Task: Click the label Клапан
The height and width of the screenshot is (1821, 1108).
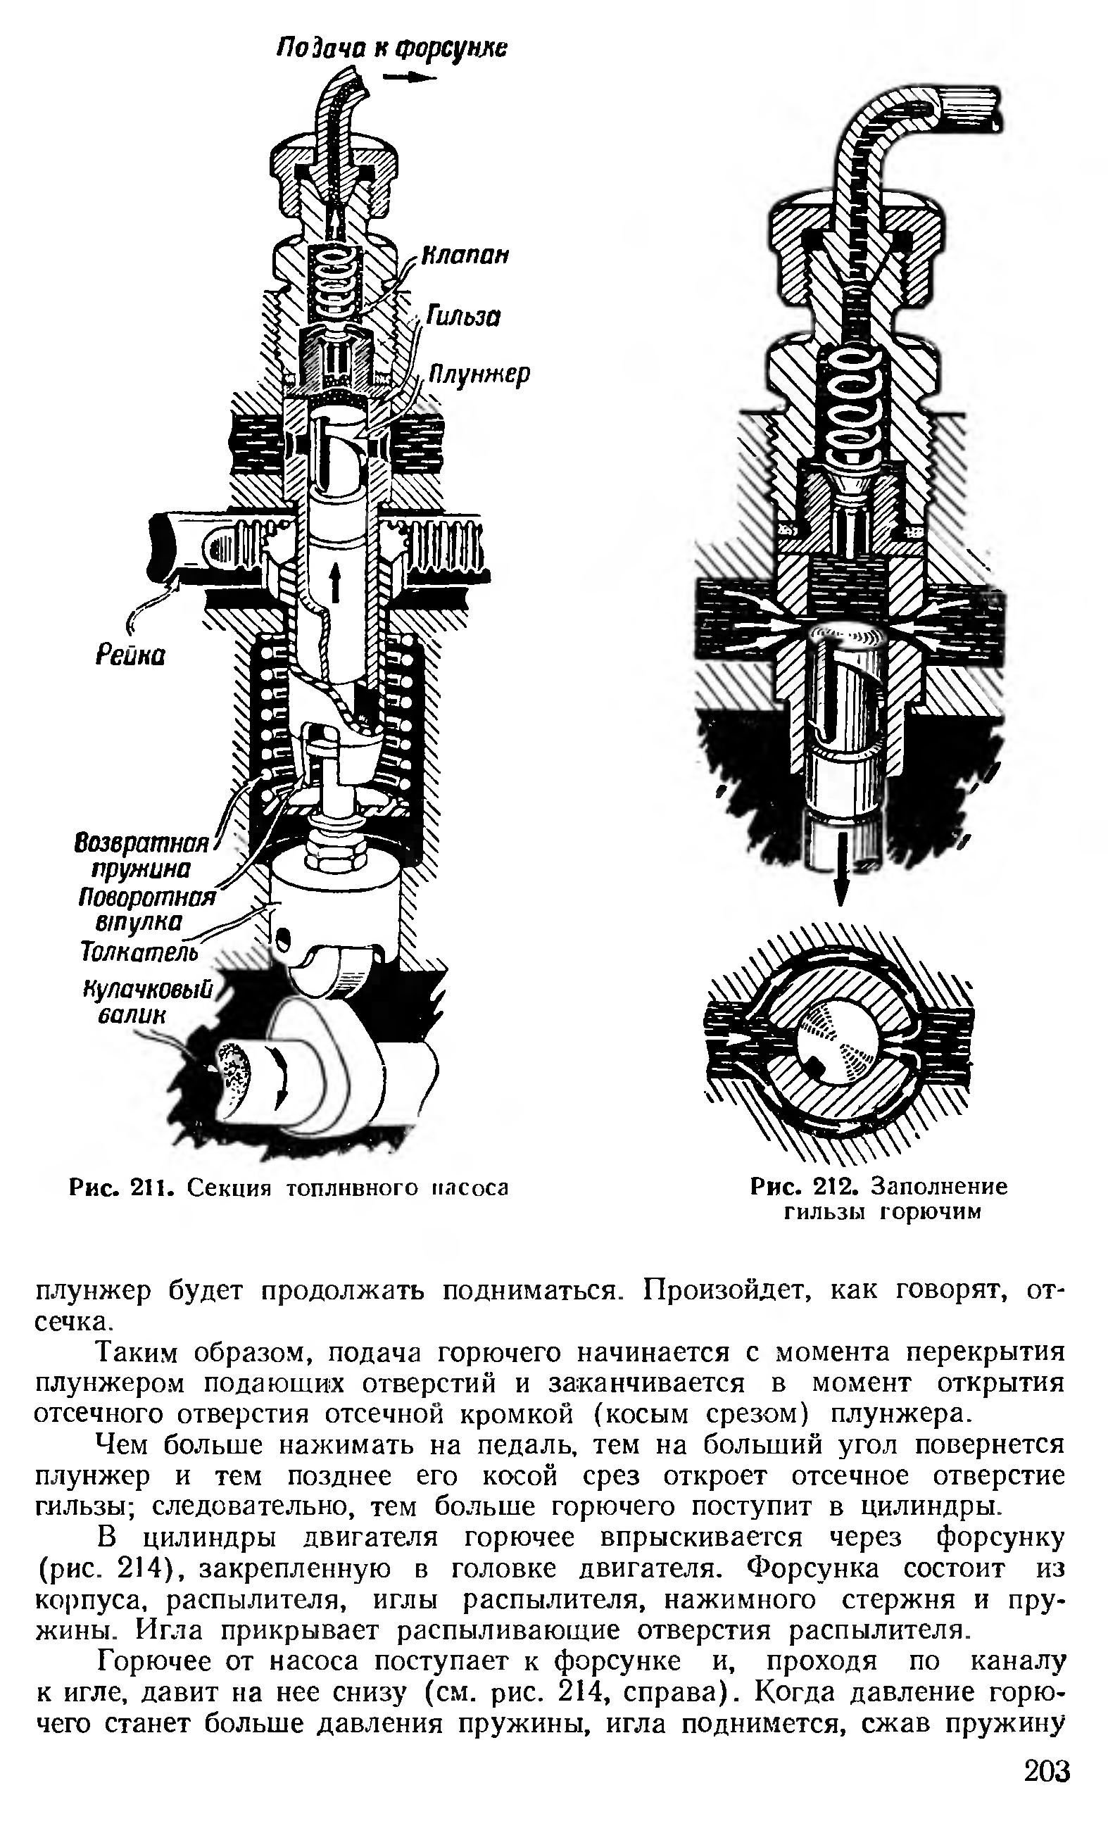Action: [x=465, y=256]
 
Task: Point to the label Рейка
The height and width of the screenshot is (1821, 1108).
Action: [x=130, y=655]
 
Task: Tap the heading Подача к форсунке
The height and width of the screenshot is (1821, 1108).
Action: [x=392, y=49]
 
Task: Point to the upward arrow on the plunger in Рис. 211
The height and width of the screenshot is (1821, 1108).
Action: [x=334, y=581]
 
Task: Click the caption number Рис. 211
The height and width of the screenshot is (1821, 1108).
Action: [x=121, y=1187]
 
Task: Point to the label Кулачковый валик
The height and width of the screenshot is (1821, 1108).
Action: [x=148, y=1001]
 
